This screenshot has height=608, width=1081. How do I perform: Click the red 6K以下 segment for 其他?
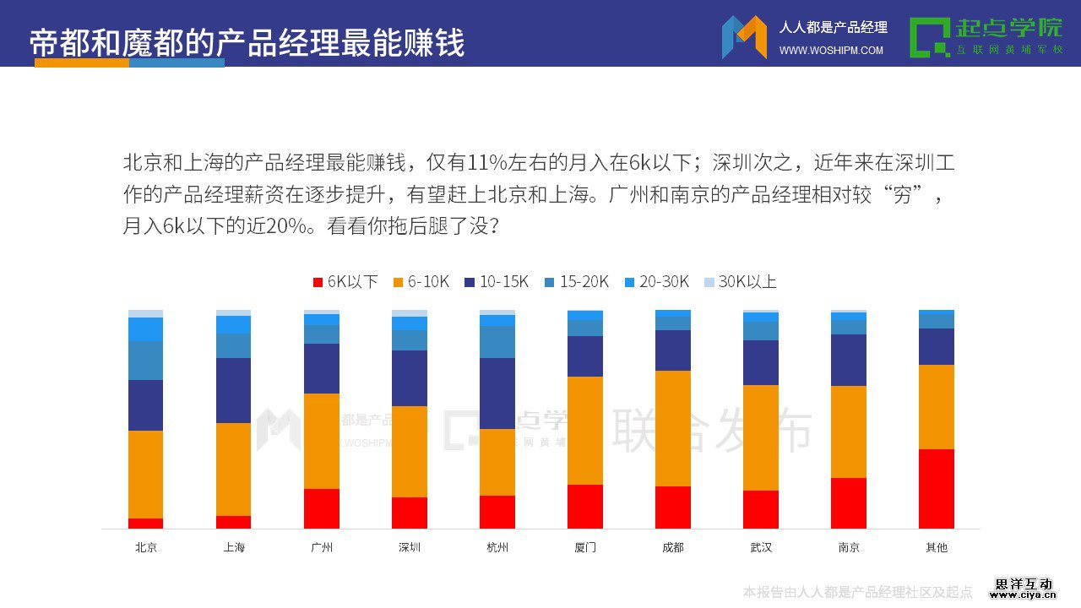[937, 489]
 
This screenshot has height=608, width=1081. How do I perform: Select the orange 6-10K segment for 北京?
[145, 475]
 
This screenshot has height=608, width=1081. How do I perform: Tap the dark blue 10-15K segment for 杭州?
[497, 394]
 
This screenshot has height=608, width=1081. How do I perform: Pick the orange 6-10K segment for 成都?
[673, 428]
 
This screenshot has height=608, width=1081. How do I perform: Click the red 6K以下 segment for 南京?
[849, 503]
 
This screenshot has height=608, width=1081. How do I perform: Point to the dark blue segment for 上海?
[233, 390]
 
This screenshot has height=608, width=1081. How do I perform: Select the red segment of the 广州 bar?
[322, 508]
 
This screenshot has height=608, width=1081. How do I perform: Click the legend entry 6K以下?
[345, 282]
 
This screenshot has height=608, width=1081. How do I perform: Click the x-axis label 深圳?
[410, 547]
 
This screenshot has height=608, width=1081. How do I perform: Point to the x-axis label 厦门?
[585, 547]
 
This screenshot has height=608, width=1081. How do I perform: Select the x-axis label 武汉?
[761, 547]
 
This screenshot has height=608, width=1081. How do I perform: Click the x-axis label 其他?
[937, 547]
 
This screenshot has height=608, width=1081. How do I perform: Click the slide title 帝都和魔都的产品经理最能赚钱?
[247, 42]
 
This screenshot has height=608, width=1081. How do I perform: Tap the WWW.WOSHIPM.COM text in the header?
[831, 51]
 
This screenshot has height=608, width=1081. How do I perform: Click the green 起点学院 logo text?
[1008, 28]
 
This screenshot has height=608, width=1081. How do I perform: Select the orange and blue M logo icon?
[744, 37]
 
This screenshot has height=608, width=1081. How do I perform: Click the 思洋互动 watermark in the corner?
[1024, 584]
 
